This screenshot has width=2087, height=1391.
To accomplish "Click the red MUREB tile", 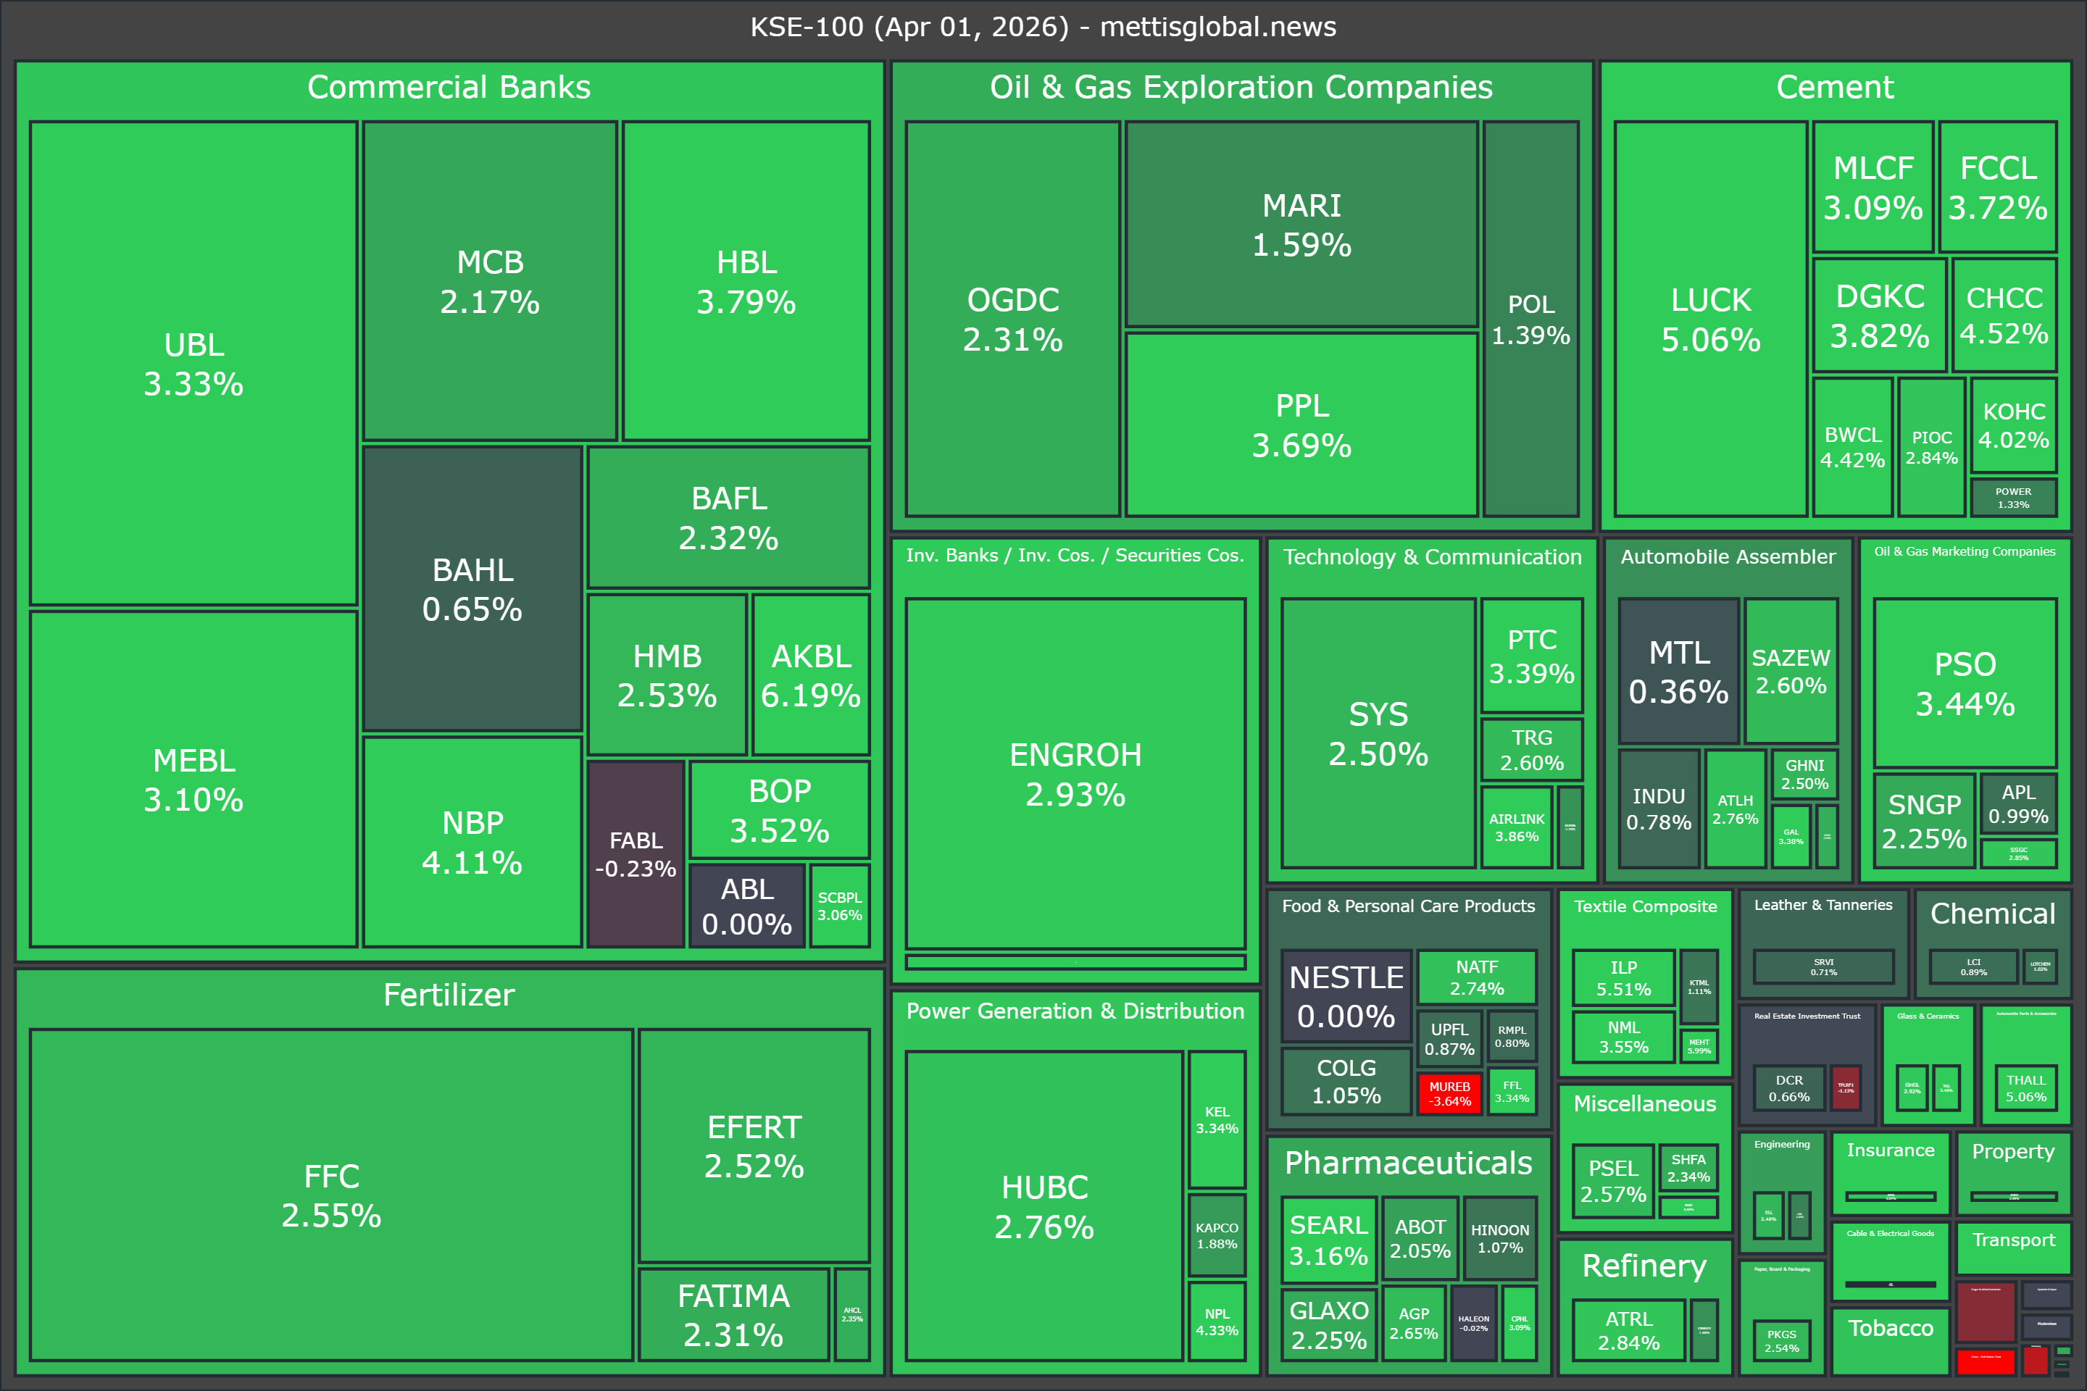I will (1449, 1093).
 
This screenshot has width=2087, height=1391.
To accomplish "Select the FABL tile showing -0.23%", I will (636, 853).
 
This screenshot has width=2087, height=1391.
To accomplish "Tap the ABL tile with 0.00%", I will (746, 906).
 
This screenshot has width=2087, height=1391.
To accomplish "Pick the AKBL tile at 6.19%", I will (810, 675).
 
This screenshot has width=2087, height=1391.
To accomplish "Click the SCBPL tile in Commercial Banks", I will (839, 906).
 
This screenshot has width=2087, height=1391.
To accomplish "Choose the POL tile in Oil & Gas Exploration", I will (1530, 319).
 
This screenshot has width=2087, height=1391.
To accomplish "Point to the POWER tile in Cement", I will (2012, 498).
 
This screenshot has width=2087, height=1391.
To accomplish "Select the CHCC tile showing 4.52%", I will (2004, 315).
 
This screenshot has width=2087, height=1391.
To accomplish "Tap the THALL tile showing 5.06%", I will (2026, 1087).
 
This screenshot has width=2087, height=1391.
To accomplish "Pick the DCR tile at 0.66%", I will (1789, 1087).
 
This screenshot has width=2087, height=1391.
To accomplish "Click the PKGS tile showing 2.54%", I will (1781, 1340).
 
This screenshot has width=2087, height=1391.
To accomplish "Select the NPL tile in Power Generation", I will (1217, 1321).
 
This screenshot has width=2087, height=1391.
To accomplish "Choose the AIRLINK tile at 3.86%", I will (1517, 827).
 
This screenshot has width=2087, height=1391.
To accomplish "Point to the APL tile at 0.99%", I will (2017, 803).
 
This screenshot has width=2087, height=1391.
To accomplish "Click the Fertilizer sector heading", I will (449, 995).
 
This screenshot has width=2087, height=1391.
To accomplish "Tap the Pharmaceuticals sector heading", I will (1408, 1162).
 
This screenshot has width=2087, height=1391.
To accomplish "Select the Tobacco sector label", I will (1890, 1328).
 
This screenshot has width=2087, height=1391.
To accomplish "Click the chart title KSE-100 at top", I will (1043, 27).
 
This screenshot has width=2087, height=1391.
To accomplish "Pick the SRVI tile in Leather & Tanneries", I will (1823, 966).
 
